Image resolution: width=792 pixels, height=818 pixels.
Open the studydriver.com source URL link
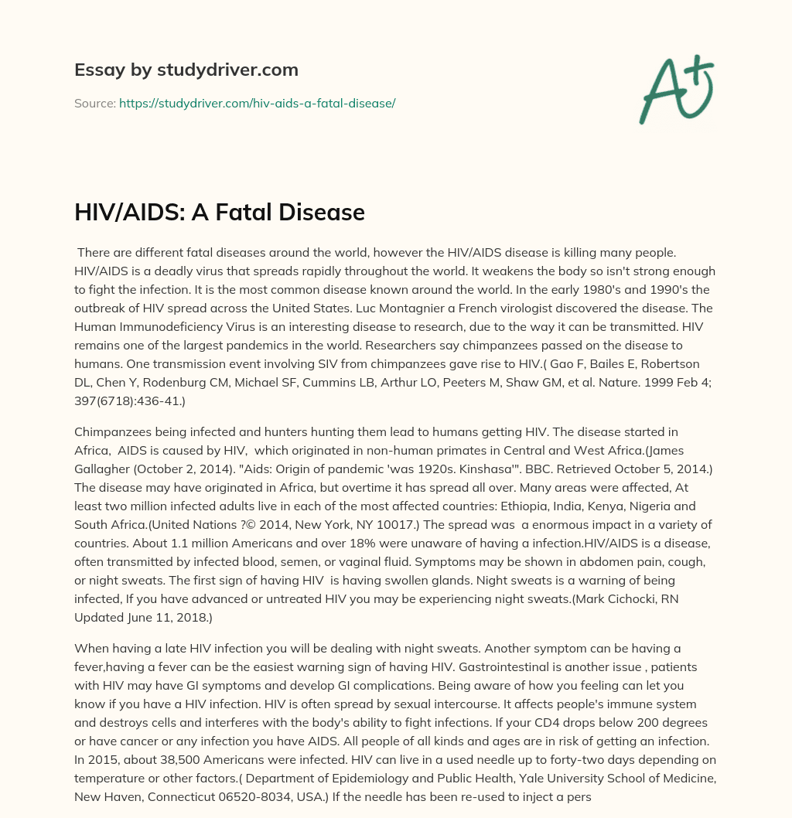click(x=257, y=103)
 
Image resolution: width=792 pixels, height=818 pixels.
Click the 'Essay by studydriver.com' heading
click(x=186, y=70)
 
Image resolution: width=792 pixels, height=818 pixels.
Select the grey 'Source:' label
click(x=94, y=103)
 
